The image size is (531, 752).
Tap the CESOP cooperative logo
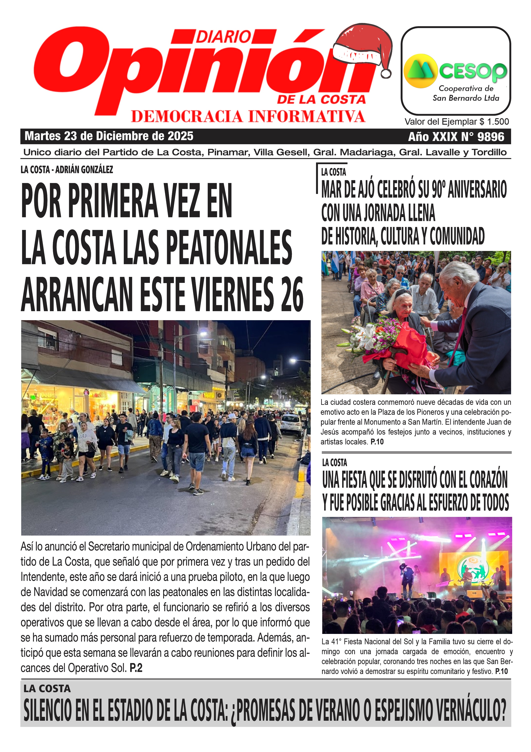click(455, 71)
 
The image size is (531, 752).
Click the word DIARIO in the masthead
click(224, 37)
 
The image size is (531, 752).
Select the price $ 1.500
click(494, 122)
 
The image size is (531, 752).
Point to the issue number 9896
click(491, 137)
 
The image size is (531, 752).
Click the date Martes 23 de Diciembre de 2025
click(109, 136)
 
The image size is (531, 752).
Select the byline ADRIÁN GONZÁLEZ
click(84, 170)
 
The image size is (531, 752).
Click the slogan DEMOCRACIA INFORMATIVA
click(248, 117)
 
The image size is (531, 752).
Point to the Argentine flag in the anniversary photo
click(335, 262)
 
